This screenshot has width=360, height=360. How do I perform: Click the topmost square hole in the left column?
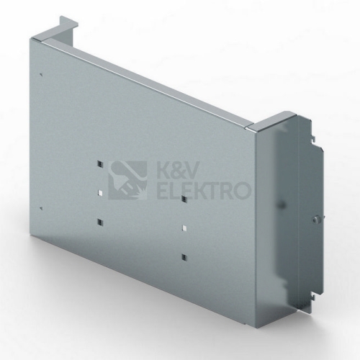pos(100,164)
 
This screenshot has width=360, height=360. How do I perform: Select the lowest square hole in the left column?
pos(100,222)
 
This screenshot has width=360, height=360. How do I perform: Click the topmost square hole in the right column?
pos(184,199)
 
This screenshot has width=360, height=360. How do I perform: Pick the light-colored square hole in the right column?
pos(184,228)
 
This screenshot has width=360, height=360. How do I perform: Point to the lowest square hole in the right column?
pos(184,257)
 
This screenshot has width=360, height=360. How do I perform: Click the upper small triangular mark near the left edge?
pos(42,75)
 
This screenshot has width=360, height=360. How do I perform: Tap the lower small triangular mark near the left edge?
pos(42,208)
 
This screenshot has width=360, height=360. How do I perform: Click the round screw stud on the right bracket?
pos(315,219)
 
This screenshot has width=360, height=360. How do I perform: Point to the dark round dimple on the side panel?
pos(282,205)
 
